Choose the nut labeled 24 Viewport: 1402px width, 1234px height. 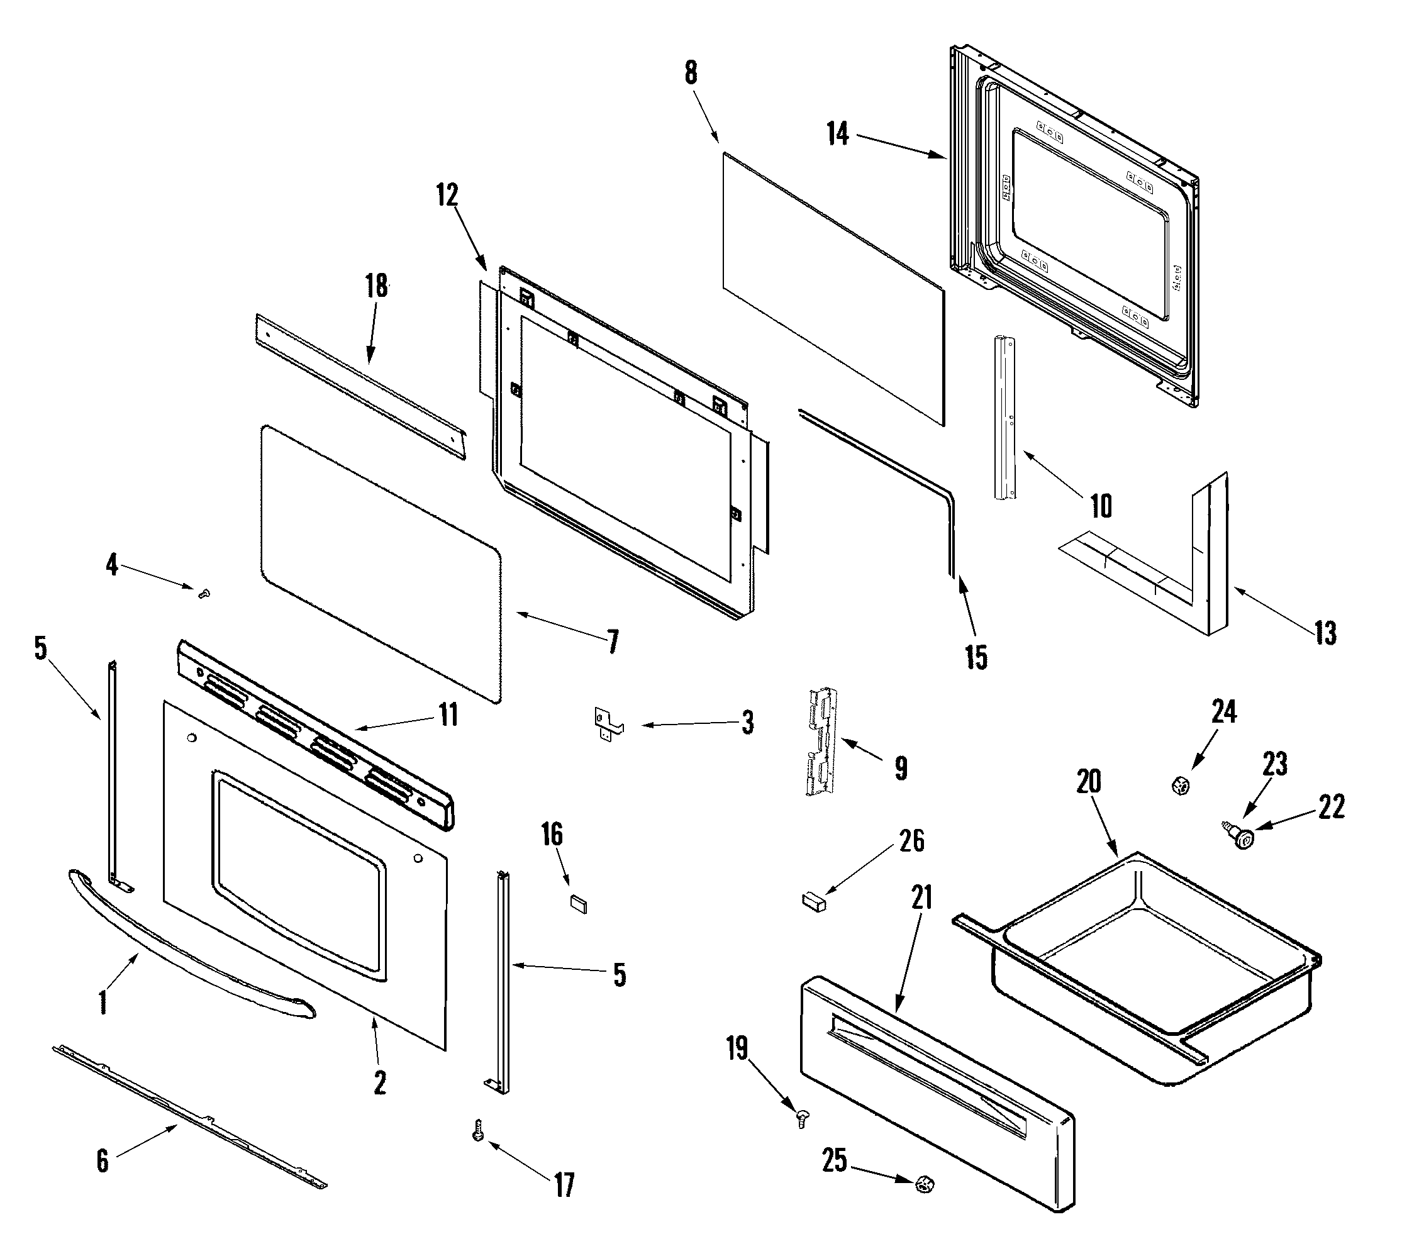coord(1181,786)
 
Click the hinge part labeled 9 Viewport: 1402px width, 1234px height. coord(821,740)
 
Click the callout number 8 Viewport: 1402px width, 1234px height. coord(691,73)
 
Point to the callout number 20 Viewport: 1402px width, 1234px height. coord(1089,781)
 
